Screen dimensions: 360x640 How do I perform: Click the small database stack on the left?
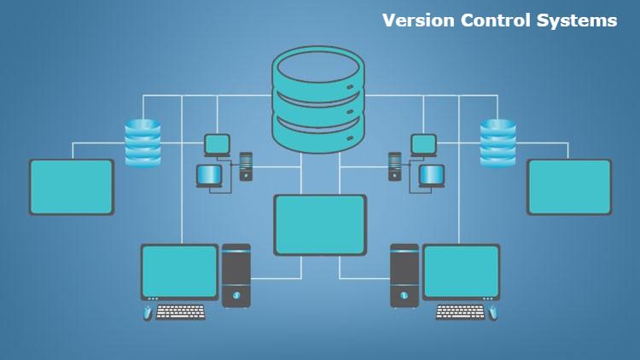(143, 142)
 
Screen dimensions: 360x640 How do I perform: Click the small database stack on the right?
(497, 142)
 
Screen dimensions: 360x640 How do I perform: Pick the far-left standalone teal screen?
(72, 186)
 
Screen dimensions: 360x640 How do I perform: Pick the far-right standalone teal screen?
(568, 186)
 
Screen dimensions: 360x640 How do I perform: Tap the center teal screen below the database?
(319, 224)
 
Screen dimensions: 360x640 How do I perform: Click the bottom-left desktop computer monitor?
(179, 270)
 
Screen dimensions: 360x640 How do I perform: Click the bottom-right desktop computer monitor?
(461, 270)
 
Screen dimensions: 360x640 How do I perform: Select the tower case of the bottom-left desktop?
(236, 275)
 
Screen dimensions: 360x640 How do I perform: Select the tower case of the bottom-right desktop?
(404, 275)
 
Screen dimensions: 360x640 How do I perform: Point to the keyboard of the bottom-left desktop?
(180, 312)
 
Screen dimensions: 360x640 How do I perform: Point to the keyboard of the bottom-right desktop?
(460, 312)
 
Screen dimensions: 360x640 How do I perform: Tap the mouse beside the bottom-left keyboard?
(148, 313)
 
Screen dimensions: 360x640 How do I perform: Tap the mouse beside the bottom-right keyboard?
(492, 313)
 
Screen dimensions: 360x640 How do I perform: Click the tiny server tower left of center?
(246, 165)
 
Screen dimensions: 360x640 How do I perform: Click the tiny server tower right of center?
(394, 165)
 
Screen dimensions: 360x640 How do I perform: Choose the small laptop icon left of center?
(210, 176)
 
